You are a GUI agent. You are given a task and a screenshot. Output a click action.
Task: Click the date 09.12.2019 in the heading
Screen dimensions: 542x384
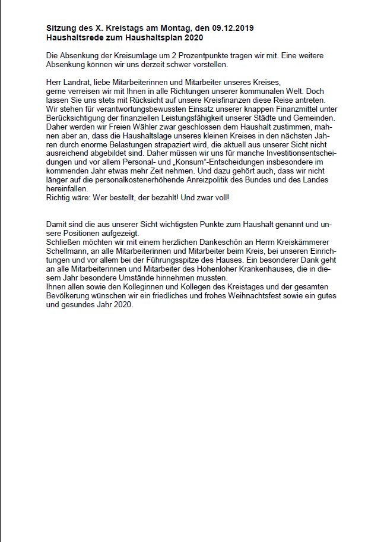coord(234,29)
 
